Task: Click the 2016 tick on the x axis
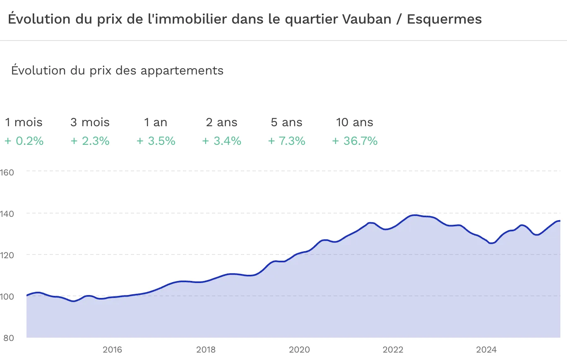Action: pyautogui.click(x=112, y=350)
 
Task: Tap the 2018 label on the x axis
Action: pyautogui.click(x=206, y=350)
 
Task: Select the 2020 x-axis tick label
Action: pyautogui.click(x=299, y=350)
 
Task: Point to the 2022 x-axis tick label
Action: pyautogui.click(x=393, y=350)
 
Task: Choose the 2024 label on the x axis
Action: pyautogui.click(x=486, y=350)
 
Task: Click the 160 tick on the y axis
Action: pyautogui.click(x=8, y=172)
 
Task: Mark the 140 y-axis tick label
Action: pyautogui.click(x=8, y=214)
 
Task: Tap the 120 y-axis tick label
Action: pyautogui.click(x=8, y=255)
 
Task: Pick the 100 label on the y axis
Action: pyautogui.click(x=8, y=296)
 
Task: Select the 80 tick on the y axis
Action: pyautogui.click(x=8, y=338)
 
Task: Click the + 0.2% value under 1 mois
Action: pyautogui.click(x=24, y=141)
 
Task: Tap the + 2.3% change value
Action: pyautogui.click(x=90, y=141)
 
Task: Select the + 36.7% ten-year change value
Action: pyautogui.click(x=355, y=141)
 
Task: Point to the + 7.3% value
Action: pyautogui.click(x=286, y=141)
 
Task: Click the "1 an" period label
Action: pyautogui.click(x=156, y=122)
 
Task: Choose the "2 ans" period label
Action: pyautogui.click(x=222, y=122)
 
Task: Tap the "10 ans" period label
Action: pyautogui.click(x=355, y=122)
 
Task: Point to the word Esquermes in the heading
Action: pyautogui.click(x=444, y=19)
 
